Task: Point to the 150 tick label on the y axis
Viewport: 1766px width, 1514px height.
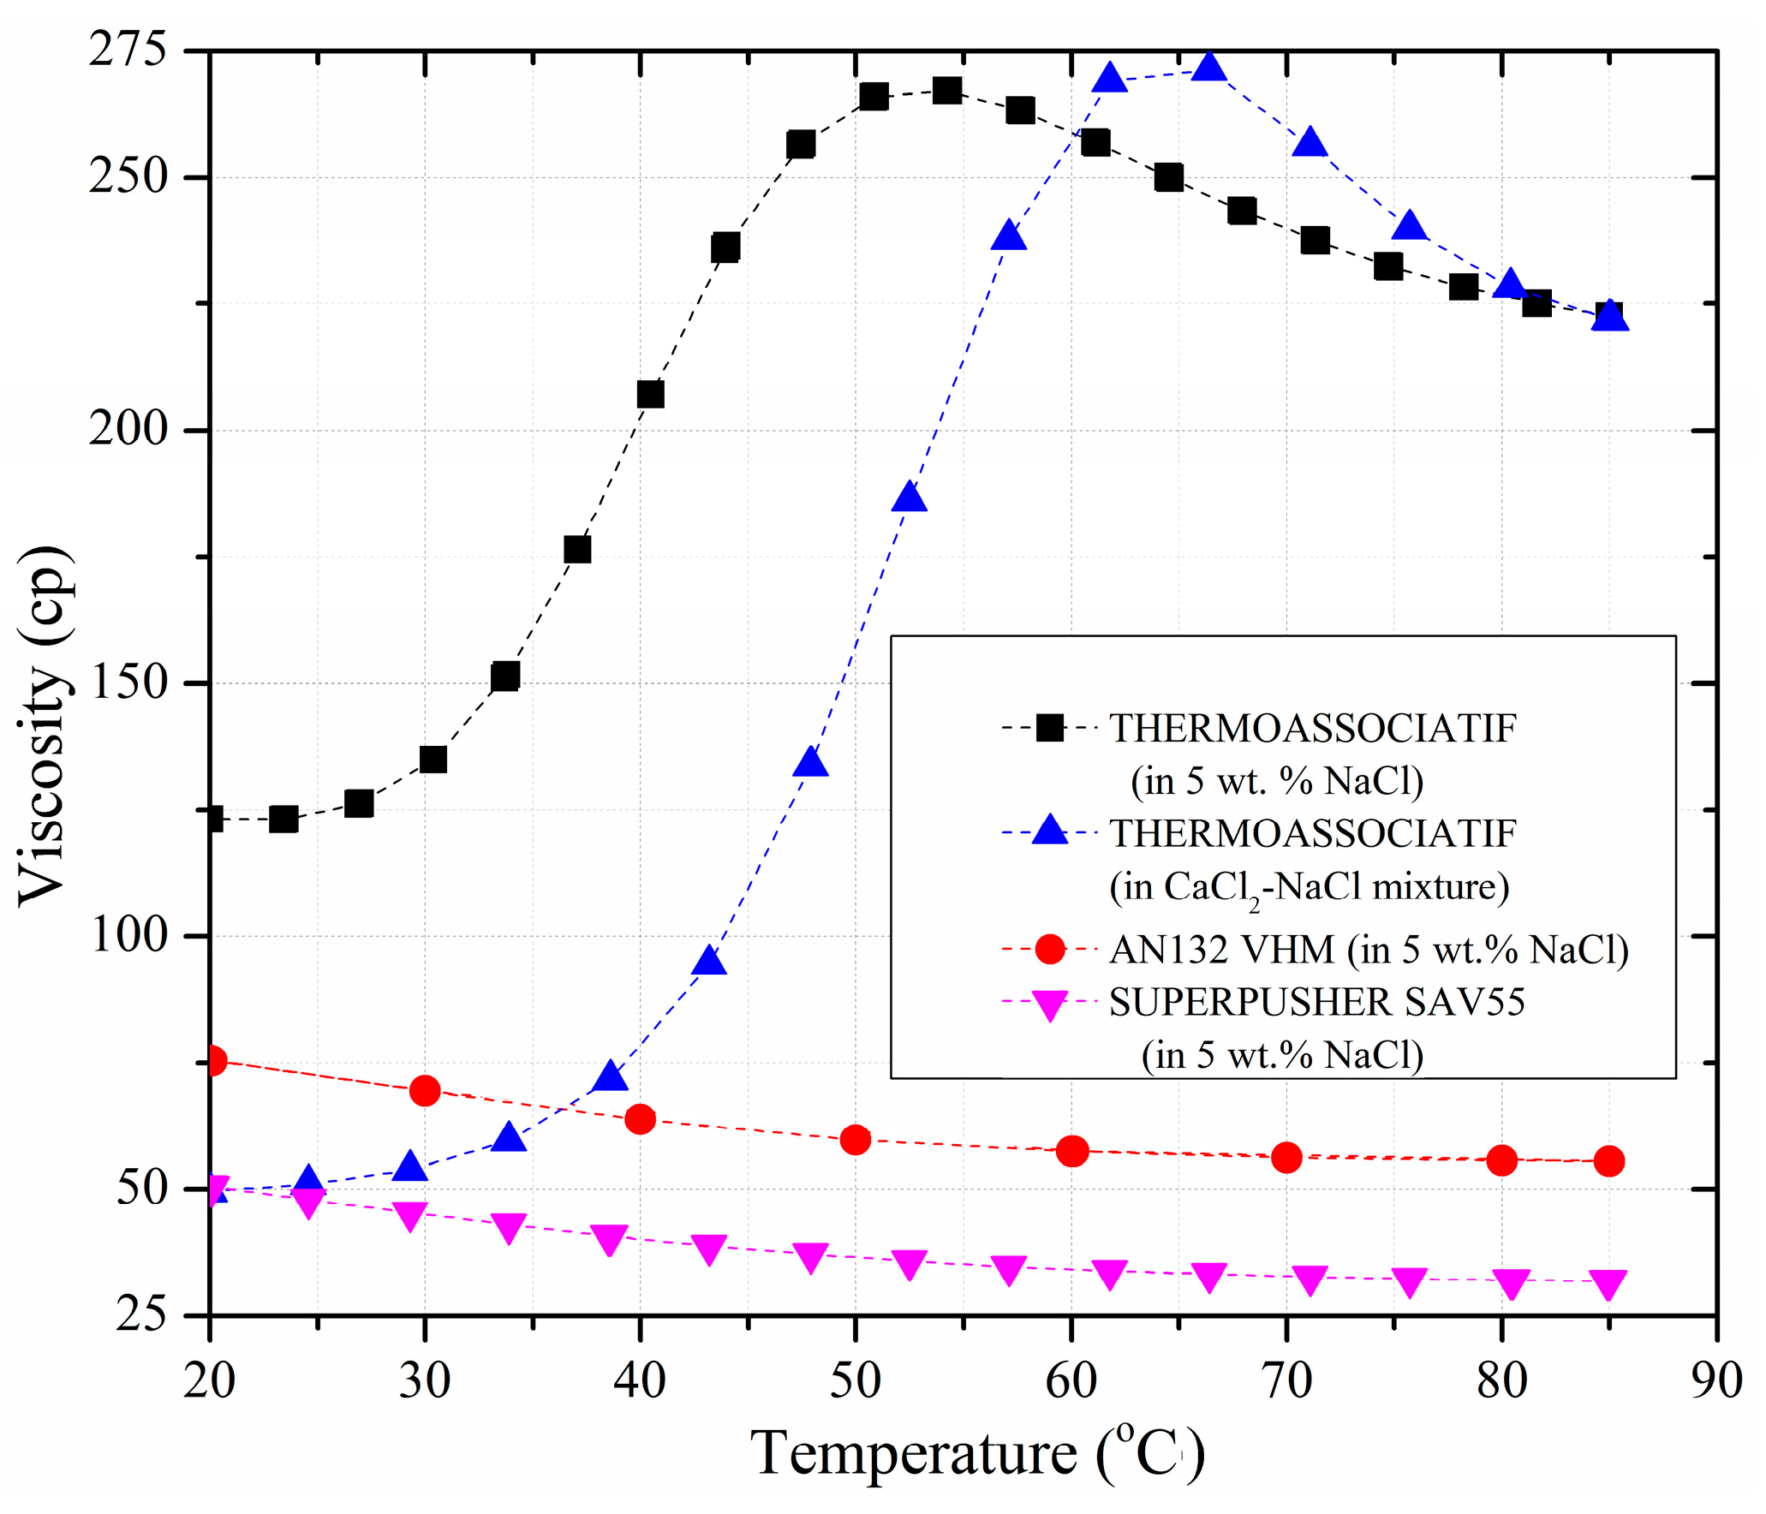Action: [128, 682]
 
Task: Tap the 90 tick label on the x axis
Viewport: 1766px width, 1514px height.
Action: [1716, 1380]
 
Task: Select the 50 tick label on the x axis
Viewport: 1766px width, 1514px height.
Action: [855, 1380]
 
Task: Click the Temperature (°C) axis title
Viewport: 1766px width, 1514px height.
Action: [977, 1454]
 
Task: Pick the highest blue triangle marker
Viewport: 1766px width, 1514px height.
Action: [1208, 67]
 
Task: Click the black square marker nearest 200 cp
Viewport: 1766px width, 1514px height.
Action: [650, 394]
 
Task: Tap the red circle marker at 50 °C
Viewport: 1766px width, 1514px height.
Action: [855, 1139]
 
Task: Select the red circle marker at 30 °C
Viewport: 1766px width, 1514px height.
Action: [425, 1090]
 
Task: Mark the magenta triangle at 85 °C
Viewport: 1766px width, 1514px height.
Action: [1608, 1284]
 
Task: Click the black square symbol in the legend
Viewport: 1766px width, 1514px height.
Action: [1049, 728]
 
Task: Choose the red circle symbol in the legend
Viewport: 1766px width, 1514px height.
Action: [1049, 949]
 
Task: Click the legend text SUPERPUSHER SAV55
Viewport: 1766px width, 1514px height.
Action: [1316, 1002]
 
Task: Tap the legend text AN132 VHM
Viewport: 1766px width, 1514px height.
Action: [1222, 949]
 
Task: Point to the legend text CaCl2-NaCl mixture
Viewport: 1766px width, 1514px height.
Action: [1309, 887]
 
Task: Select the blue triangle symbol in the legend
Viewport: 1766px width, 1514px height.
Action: [1049, 831]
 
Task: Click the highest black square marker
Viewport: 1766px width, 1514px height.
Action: [946, 90]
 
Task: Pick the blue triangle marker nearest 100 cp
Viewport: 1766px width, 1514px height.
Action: [709, 962]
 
